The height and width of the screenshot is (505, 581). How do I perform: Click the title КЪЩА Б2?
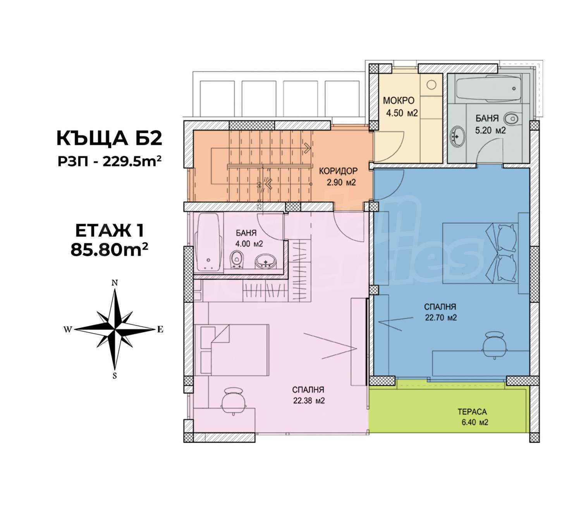click(x=109, y=139)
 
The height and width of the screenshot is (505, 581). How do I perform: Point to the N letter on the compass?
click(x=114, y=283)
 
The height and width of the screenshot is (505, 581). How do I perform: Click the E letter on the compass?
click(x=160, y=329)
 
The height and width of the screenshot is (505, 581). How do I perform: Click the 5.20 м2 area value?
click(x=491, y=130)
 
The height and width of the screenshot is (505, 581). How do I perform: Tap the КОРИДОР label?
click(x=338, y=171)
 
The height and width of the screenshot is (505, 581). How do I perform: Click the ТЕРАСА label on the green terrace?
click(x=472, y=412)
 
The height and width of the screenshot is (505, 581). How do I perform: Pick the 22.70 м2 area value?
click(x=441, y=317)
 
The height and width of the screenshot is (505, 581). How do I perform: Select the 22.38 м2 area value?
click(x=309, y=401)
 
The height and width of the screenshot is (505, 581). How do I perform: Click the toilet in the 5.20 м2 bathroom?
click(x=512, y=118)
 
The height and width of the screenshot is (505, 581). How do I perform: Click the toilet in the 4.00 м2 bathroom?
click(x=236, y=259)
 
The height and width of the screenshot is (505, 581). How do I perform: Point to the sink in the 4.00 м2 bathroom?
click(x=265, y=261)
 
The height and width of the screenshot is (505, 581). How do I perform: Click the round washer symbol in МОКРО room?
click(x=431, y=84)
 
